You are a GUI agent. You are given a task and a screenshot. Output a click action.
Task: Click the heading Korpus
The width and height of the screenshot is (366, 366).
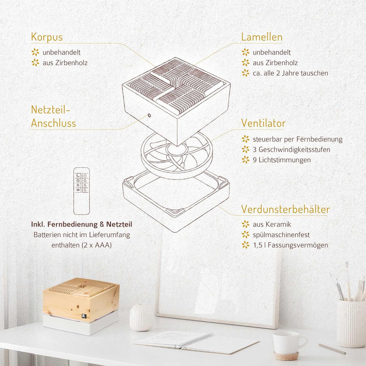(47, 37)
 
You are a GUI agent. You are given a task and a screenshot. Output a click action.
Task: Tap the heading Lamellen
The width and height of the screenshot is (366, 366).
(262, 37)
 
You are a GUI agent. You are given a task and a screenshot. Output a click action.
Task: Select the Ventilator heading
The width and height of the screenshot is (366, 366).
(263, 123)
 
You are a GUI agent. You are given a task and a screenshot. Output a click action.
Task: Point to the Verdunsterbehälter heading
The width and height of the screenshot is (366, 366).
(285, 209)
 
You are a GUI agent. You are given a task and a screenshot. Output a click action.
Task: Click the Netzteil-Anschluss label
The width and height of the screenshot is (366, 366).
(53, 116)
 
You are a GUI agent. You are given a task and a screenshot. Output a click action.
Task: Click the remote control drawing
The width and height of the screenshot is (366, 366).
(81, 191)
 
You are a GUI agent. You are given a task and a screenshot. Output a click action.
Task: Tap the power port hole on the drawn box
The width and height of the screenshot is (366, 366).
(149, 115)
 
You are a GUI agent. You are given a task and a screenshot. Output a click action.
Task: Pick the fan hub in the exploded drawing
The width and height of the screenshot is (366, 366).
(176, 149)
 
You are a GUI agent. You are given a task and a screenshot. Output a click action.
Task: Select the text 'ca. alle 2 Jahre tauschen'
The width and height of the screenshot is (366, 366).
(290, 73)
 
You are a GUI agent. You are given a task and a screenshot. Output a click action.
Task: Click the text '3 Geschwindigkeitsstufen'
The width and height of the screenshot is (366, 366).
(291, 149)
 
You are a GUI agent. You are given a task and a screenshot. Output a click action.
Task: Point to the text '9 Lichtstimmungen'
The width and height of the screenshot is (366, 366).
(282, 160)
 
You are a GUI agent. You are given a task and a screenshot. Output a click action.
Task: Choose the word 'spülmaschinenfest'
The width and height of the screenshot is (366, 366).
(281, 234)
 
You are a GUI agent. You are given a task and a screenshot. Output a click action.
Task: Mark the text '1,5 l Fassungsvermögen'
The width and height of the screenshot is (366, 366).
(291, 245)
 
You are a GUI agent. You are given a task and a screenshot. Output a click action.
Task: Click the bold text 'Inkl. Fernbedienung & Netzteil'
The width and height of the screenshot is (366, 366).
(81, 224)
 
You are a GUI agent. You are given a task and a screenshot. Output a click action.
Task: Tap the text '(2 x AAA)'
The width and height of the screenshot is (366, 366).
(97, 246)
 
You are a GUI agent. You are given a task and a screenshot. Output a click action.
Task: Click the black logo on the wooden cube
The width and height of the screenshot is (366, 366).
(84, 316)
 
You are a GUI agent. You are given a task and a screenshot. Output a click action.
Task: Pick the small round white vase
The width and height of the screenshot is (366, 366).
(141, 317)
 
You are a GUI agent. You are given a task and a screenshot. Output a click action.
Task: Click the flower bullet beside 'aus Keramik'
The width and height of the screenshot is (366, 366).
(246, 224)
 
